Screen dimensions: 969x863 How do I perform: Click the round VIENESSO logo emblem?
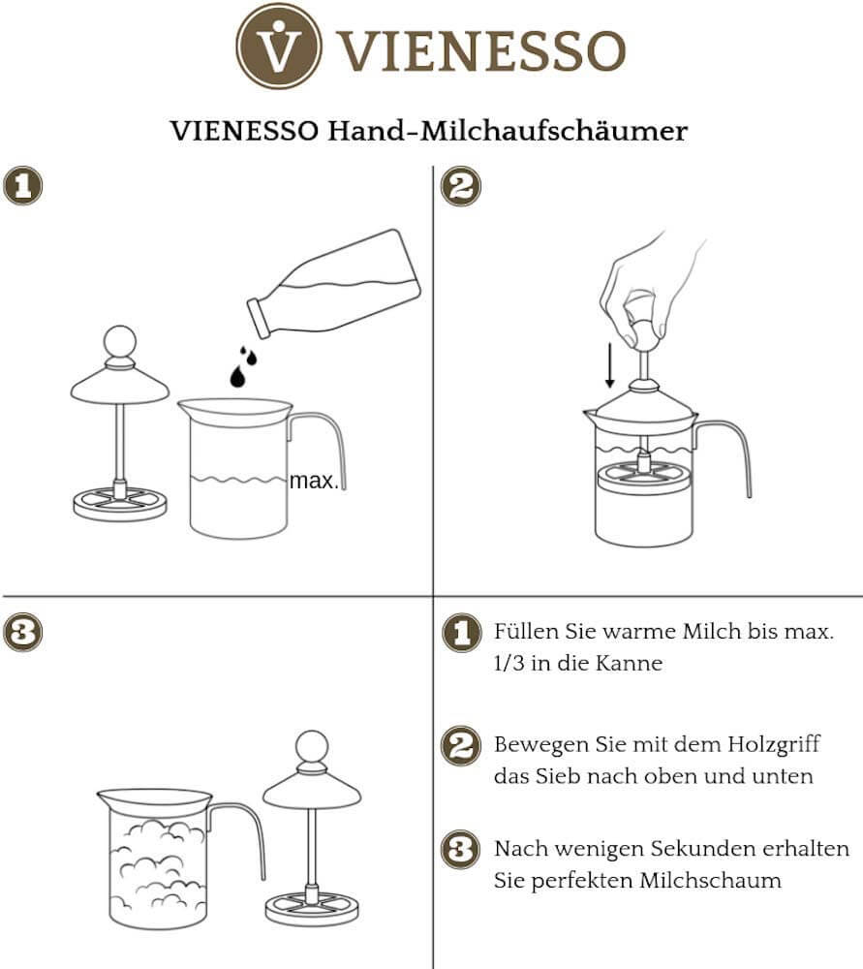pyautogui.click(x=279, y=47)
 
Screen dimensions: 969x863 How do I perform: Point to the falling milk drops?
pyautogui.click(x=243, y=367)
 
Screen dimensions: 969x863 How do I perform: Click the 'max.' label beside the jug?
pyautogui.click(x=315, y=481)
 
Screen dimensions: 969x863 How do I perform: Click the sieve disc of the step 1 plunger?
pyautogui.click(x=120, y=503)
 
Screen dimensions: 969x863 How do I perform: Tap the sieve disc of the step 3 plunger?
pyautogui.click(x=312, y=908)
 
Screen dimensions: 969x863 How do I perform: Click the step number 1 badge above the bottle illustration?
pyautogui.click(x=22, y=186)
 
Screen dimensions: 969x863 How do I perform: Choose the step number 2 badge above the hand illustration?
pyautogui.click(x=461, y=186)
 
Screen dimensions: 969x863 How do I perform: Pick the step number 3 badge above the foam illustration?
pyautogui.click(x=22, y=633)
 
